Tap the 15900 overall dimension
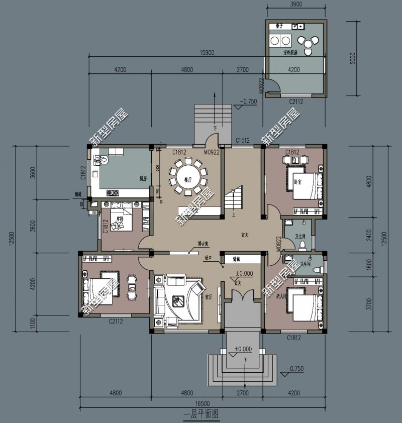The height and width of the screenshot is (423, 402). [x=207, y=52]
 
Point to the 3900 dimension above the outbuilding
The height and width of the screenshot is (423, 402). [x=296, y=4]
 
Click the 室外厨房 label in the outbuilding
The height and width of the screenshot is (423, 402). [x=291, y=52]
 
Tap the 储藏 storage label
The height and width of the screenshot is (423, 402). [x=236, y=260]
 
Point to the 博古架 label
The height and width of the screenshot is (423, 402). [x=203, y=244]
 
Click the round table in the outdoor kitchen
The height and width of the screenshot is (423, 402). [x=308, y=44]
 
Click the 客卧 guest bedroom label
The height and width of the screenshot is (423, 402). [x=120, y=220]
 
